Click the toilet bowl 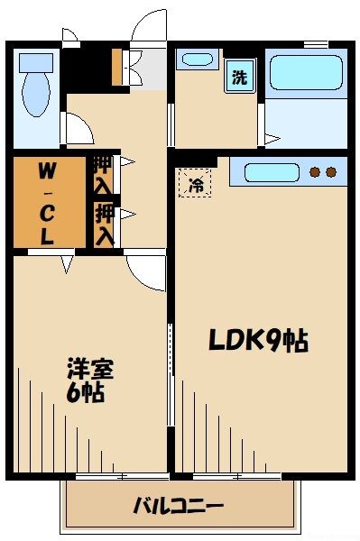click(x=37, y=98)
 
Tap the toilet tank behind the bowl click(x=37, y=62)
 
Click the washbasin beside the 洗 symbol click(x=196, y=60)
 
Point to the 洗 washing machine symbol click(x=239, y=78)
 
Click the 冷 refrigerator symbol click(x=195, y=185)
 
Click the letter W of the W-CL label click(x=46, y=170)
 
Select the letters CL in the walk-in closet click(x=46, y=225)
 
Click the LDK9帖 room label click(x=259, y=341)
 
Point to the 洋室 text click(x=89, y=369)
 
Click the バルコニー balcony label click(x=179, y=505)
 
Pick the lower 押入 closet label click(x=105, y=224)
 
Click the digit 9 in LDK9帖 click(x=271, y=341)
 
